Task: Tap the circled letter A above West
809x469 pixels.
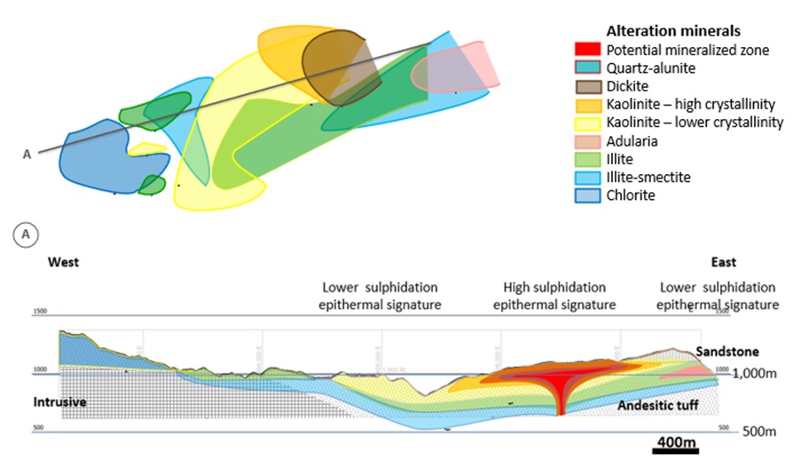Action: click(x=26, y=234)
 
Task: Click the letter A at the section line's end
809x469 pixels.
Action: click(x=27, y=155)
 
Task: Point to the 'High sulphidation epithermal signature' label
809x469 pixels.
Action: click(x=554, y=296)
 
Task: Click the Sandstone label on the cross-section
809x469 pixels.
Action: click(x=727, y=353)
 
